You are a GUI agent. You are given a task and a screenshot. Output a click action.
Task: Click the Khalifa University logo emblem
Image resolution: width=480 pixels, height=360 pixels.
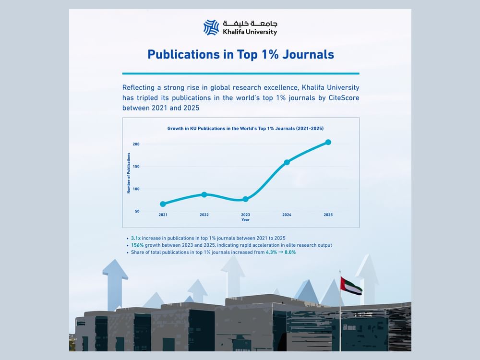click(x=211, y=27)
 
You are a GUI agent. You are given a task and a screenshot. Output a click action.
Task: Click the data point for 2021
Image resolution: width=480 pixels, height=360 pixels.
click(x=163, y=204)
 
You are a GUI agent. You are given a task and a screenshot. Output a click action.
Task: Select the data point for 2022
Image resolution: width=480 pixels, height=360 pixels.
click(x=204, y=194)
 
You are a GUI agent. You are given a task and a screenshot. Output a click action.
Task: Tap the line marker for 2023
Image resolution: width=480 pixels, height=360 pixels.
click(x=246, y=199)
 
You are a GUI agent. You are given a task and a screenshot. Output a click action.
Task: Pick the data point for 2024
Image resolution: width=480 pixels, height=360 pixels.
click(x=287, y=162)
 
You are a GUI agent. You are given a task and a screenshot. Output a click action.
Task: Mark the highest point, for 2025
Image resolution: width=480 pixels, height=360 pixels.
click(x=328, y=142)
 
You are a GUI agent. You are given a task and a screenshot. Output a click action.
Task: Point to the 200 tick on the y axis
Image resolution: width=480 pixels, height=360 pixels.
click(x=136, y=144)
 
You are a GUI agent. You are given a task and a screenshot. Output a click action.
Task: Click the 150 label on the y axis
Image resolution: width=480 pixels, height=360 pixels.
click(x=136, y=167)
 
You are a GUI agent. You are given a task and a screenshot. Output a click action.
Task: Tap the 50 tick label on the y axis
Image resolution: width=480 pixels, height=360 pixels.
click(x=137, y=211)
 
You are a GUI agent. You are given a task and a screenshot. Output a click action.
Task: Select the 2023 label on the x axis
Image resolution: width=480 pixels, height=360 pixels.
click(x=245, y=215)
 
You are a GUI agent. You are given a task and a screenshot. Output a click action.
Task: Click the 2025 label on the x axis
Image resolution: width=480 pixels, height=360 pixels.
click(x=328, y=215)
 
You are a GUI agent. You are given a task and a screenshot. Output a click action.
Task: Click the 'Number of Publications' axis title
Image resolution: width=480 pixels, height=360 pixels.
click(x=129, y=173)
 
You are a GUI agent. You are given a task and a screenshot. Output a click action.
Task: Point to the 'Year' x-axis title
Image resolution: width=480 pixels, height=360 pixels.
click(x=245, y=219)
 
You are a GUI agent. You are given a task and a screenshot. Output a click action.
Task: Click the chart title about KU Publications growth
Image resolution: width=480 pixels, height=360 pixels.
click(x=245, y=129)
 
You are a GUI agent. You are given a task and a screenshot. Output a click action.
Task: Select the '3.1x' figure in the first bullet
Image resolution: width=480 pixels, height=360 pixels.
click(x=136, y=238)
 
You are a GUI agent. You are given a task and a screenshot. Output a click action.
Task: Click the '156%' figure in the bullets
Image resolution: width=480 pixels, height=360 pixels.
click(x=137, y=245)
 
